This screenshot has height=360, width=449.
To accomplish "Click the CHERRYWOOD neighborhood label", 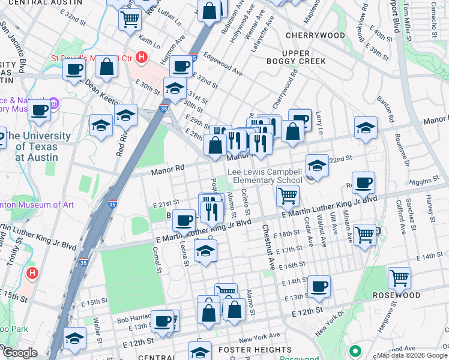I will [x=315, y=35].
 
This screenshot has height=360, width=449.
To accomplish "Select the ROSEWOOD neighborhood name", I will [x=396, y=296].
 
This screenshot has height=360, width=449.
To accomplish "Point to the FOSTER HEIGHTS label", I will [x=255, y=350].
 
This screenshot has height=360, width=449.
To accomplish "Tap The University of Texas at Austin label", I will [x=37, y=146].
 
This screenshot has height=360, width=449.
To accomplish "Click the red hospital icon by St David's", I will [x=141, y=58].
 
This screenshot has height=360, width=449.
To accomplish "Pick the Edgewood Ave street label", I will [x=223, y=62].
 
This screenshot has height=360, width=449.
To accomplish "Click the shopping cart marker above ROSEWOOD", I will [x=399, y=277].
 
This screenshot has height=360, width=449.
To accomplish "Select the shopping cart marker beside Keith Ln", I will [x=130, y=19].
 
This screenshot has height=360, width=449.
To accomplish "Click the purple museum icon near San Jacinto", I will [x=53, y=104].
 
